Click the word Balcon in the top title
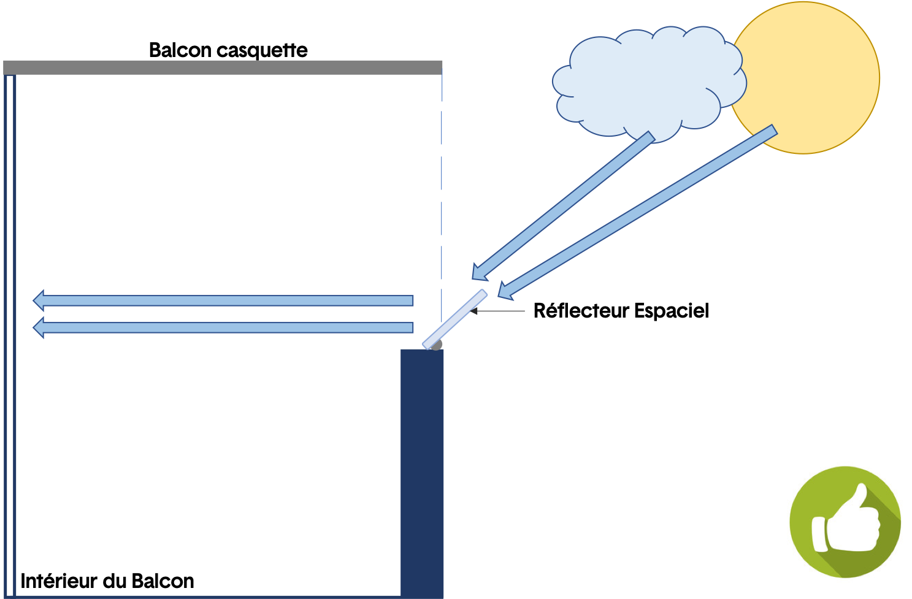coord(180,50)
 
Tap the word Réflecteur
coord(581,310)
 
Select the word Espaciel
coord(672,311)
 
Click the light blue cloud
coord(650,83)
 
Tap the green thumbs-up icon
coord(845,522)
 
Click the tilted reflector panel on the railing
coord(455,319)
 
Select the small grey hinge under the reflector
coord(437,345)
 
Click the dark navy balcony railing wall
coord(422,473)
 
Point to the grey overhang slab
coord(223,67)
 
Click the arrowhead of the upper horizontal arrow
coord(39,300)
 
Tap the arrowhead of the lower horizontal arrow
coord(39,327)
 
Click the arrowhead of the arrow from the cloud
coord(479,273)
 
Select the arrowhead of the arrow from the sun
coord(505,291)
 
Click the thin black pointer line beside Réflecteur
coord(497,311)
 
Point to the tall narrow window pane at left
coord(10,336)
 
